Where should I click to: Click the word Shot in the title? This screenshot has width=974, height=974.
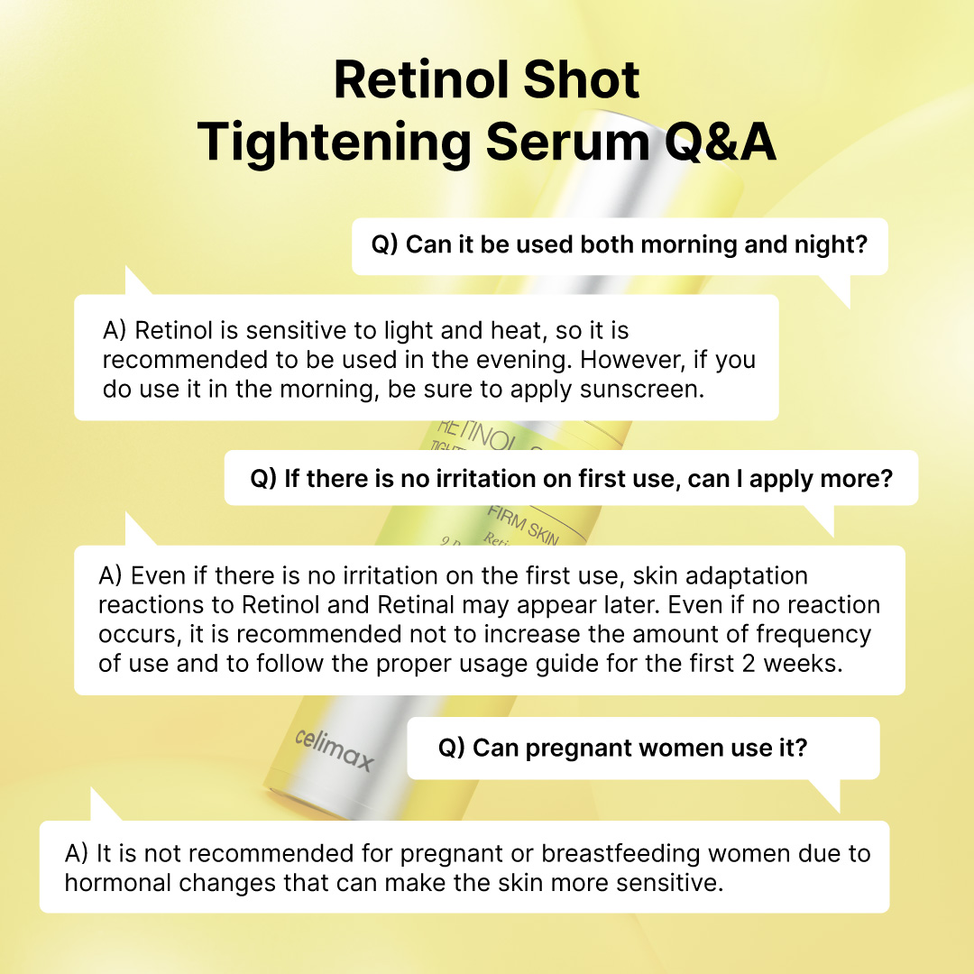pos(576,79)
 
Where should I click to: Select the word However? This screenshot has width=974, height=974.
pos(629,361)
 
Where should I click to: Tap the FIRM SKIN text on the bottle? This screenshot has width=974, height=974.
pos(524,526)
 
